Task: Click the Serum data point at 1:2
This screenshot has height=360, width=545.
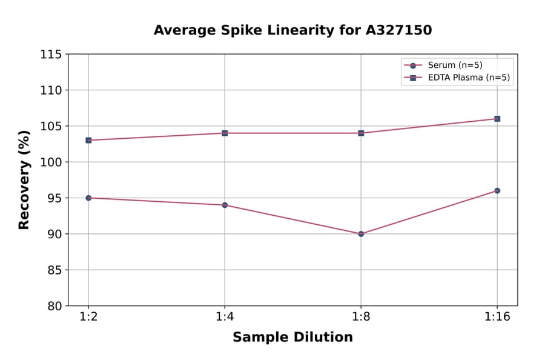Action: pyautogui.click(x=88, y=198)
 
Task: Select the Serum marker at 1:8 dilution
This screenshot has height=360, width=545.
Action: pyautogui.click(x=361, y=233)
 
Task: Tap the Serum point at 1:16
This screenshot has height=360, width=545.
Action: pyautogui.click(x=497, y=190)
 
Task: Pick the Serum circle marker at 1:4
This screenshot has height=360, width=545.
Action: pyautogui.click(x=225, y=205)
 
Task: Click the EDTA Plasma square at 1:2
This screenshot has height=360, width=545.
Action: pyautogui.click(x=88, y=140)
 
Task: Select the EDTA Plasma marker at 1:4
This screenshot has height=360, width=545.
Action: pyautogui.click(x=225, y=133)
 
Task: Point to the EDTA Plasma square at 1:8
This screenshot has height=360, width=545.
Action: pyautogui.click(x=361, y=133)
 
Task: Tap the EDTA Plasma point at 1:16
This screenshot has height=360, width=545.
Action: pyautogui.click(x=497, y=119)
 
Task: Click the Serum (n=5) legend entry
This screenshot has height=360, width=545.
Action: pyautogui.click(x=455, y=65)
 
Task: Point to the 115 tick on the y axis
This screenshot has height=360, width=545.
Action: pyautogui.click(x=51, y=55)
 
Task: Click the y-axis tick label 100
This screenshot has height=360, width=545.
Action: pyautogui.click(x=51, y=162)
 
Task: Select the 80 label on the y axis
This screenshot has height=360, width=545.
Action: pyautogui.click(x=54, y=306)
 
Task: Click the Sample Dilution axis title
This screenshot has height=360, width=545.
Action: pyautogui.click(x=292, y=338)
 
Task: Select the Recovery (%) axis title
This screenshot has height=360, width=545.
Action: pyautogui.click(x=24, y=180)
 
